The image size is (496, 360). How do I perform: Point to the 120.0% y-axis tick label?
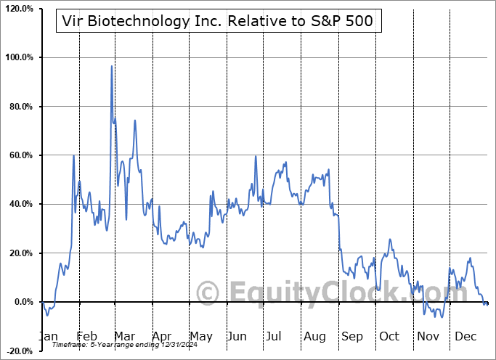[x=18, y=9]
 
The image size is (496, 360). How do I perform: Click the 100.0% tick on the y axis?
[x=18, y=57]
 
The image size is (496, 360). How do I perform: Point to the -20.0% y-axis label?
[x=18, y=351]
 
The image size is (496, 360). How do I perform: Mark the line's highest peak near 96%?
[x=111, y=66]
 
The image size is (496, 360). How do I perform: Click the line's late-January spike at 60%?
[x=74, y=156]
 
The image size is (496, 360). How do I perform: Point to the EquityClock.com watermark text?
[x=312, y=293]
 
